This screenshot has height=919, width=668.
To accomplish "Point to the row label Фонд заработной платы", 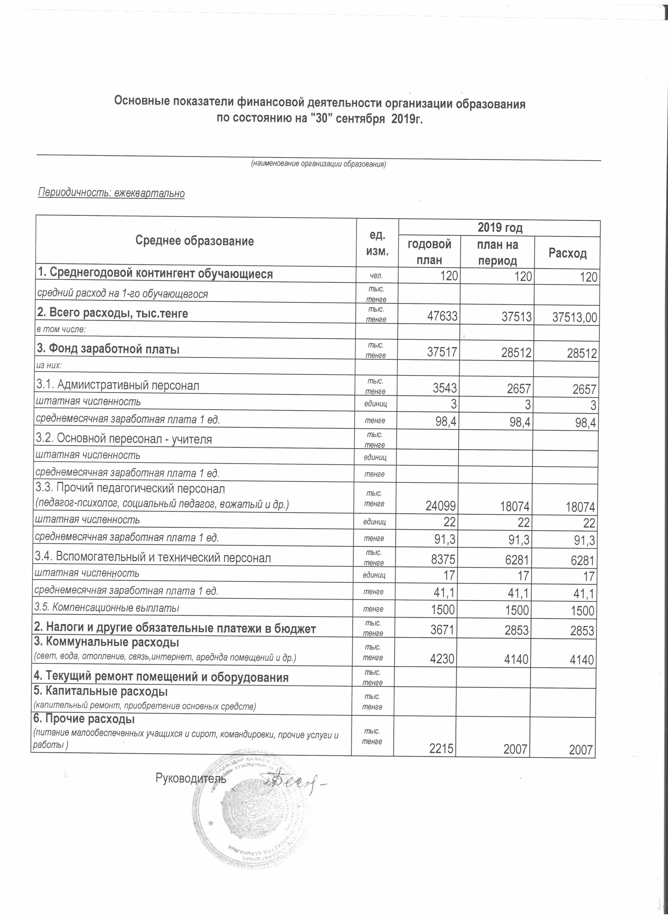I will [108, 349].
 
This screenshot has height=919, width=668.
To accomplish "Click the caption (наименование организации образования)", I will [318, 164].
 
